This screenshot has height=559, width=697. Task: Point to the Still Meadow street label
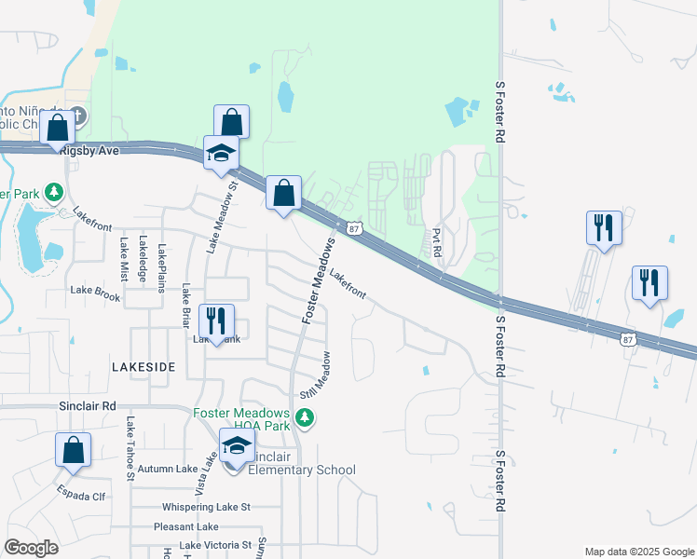[x=317, y=375]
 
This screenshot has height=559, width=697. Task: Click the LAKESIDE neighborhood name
[x=143, y=367]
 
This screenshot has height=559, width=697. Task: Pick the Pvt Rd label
[x=436, y=244]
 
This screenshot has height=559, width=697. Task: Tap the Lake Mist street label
[x=123, y=260]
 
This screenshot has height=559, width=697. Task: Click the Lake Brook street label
[x=95, y=292]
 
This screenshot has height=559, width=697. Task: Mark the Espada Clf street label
[x=81, y=496]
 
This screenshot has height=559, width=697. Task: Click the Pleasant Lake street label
[x=189, y=526]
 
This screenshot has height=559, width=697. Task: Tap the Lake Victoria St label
[x=215, y=545]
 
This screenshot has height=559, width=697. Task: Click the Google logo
[x=33, y=548]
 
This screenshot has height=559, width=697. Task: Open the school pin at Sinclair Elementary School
[x=237, y=446]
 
